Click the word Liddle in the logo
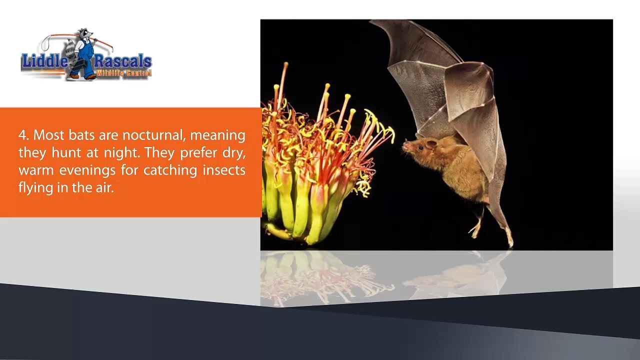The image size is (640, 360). tap(45, 61)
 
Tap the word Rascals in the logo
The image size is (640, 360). tap(123, 61)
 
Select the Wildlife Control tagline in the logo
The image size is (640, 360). tap(123, 73)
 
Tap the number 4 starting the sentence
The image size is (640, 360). tap(22, 135)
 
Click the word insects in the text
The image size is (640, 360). tap(224, 170)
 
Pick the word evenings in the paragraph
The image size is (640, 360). tap(87, 171)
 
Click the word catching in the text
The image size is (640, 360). tap(170, 171)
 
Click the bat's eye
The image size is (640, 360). tap(421, 148)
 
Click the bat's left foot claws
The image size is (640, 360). tap(474, 231)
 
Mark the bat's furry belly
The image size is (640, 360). tap(463, 177)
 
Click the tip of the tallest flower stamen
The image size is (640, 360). tap(286, 64)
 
